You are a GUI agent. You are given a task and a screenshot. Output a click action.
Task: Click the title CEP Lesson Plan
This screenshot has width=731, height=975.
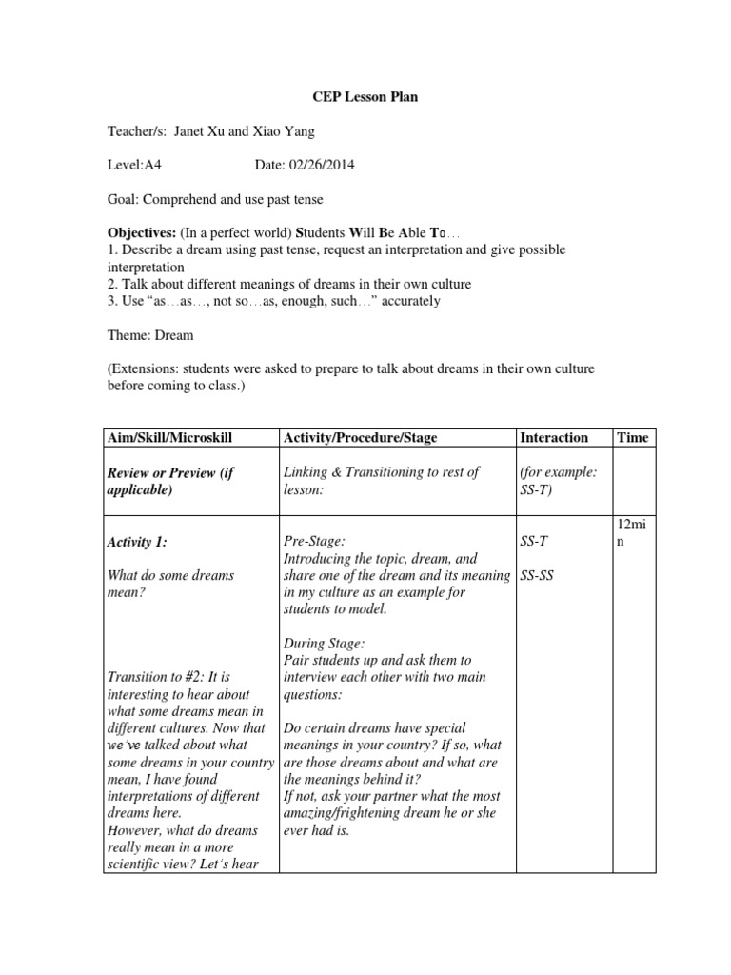click(365, 97)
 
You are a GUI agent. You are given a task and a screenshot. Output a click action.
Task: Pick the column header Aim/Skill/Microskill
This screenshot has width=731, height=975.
click(172, 437)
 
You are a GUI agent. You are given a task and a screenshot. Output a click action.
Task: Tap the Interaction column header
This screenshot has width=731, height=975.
click(554, 437)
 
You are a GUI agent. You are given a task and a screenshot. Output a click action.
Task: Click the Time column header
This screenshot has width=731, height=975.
click(632, 437)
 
